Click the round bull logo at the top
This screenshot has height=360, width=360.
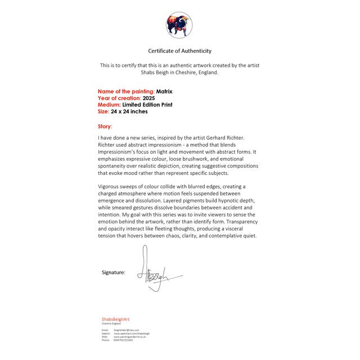[x=179, y=25]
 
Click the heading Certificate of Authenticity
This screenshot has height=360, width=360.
[x=179, y=51]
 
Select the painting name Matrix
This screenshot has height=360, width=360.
[x=164, y=91]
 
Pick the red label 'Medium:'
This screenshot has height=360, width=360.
[x=109, y=105]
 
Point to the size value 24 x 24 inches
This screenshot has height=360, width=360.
[x=129, y=111]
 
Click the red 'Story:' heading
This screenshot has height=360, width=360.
[x=105, y=127]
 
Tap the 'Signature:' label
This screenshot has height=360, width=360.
[x=113, y=272]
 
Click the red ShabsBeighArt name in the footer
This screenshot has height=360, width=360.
[x=115, y=319]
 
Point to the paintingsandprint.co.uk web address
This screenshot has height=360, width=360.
[x=129, y=337]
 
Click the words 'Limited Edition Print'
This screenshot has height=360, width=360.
[x=147, y=105]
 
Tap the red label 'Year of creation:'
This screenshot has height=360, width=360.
[x=119, y=98]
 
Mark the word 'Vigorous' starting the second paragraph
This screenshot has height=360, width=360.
[x=110, y=186]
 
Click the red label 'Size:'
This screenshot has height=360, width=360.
[x=103, y=111]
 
